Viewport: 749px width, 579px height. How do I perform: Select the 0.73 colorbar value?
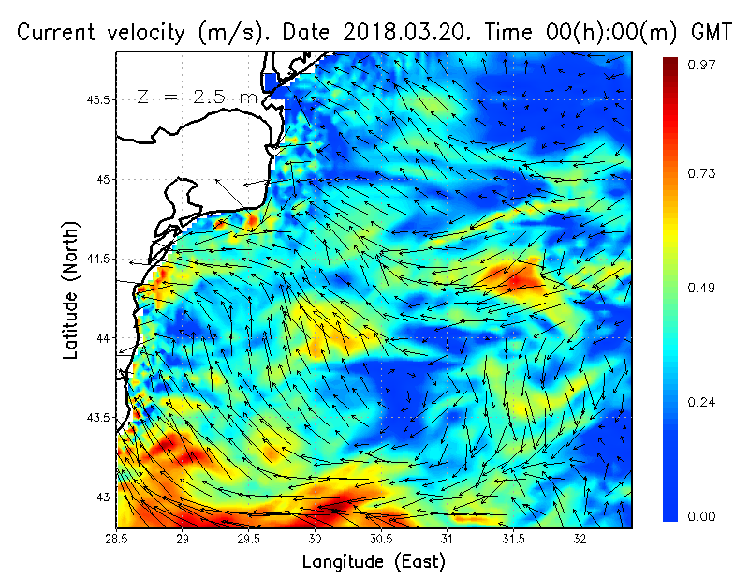[x=700, y=174]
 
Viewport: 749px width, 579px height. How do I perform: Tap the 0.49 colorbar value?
[x=700, y=288]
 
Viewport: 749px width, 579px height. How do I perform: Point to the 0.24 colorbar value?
[x=700, y=402]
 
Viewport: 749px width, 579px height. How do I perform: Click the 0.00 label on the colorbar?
[x=700, y=516]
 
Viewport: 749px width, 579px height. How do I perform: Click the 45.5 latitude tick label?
[x=97, y=99]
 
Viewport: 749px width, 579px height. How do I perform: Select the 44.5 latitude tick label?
[x=97, y=259]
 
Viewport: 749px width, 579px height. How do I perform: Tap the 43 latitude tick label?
[x=104, y=496]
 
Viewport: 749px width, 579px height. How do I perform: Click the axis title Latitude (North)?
[x=71, y=290]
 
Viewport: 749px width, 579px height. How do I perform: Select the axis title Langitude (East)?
[x=374, y=562]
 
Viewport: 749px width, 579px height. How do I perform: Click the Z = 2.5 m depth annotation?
[x=197, y=96]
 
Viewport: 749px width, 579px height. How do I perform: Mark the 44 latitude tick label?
[x=104, y=337]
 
